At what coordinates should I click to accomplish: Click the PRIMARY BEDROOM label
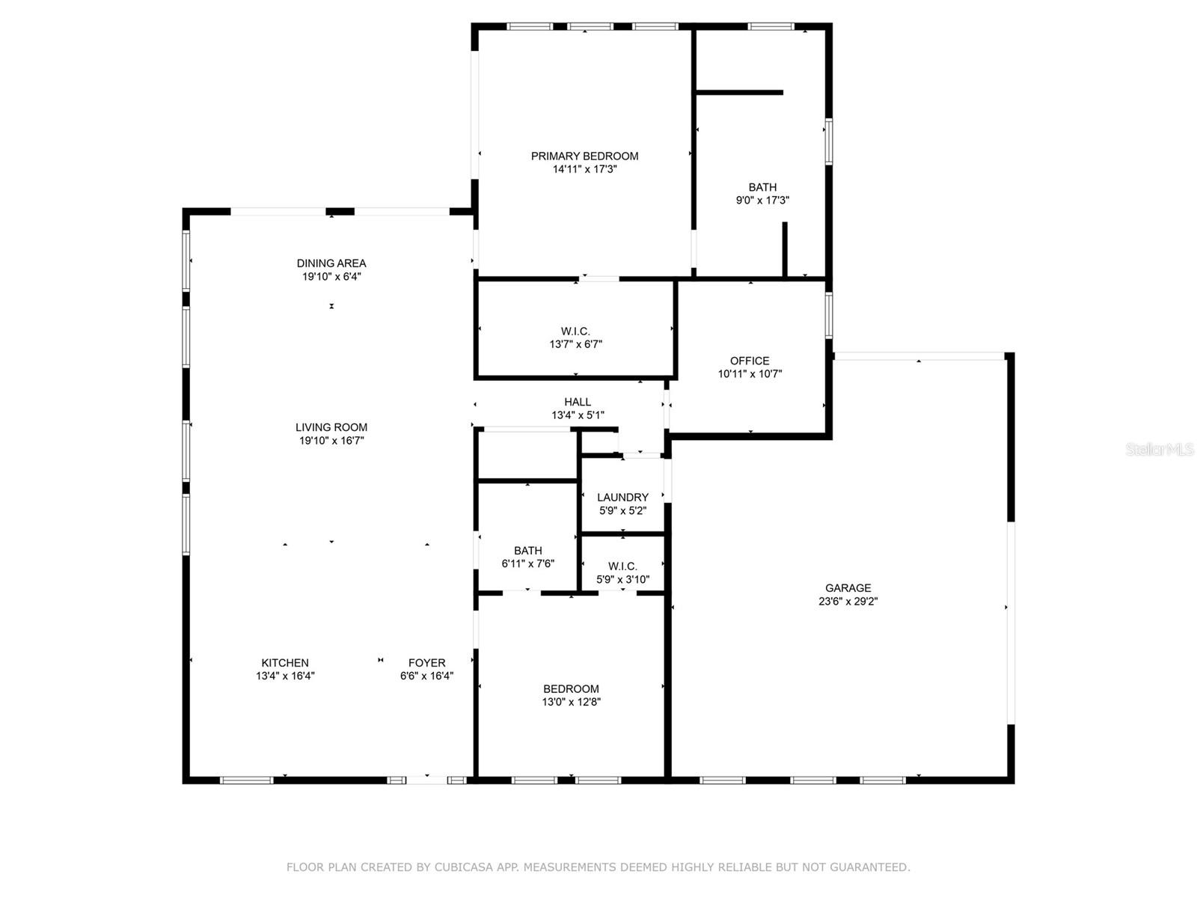click(584, 156)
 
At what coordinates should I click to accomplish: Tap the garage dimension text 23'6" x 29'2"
click(848, 601)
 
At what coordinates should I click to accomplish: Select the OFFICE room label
click(750, 361)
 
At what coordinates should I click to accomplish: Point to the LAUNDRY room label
click(622, 497)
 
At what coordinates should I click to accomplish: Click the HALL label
click(578, 402)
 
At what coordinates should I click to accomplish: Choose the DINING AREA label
click(331, 263)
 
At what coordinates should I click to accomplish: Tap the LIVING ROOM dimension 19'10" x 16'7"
click(331, 441)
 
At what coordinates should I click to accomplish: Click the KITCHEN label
click(285, 662)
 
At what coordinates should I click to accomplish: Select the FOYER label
click(426, 662)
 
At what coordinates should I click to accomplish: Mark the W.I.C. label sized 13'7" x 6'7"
click(575, 332)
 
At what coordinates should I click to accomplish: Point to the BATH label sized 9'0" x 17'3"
click(762, 187)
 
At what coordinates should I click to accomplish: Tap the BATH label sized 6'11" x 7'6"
click(528, 551)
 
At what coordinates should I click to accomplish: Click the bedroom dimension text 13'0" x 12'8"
click(572, 702)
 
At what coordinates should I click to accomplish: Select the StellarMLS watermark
click(1159, 450)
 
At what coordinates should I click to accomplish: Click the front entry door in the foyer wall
click(426, 781)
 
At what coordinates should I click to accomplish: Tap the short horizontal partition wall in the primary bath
click(740, 93)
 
